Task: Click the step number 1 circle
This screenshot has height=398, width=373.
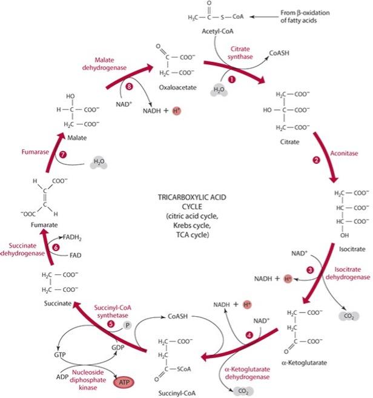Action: coord(230,78)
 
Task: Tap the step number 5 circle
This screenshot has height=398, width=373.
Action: coord(110,324)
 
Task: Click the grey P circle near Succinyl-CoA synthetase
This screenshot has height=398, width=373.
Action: coord(128,325)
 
